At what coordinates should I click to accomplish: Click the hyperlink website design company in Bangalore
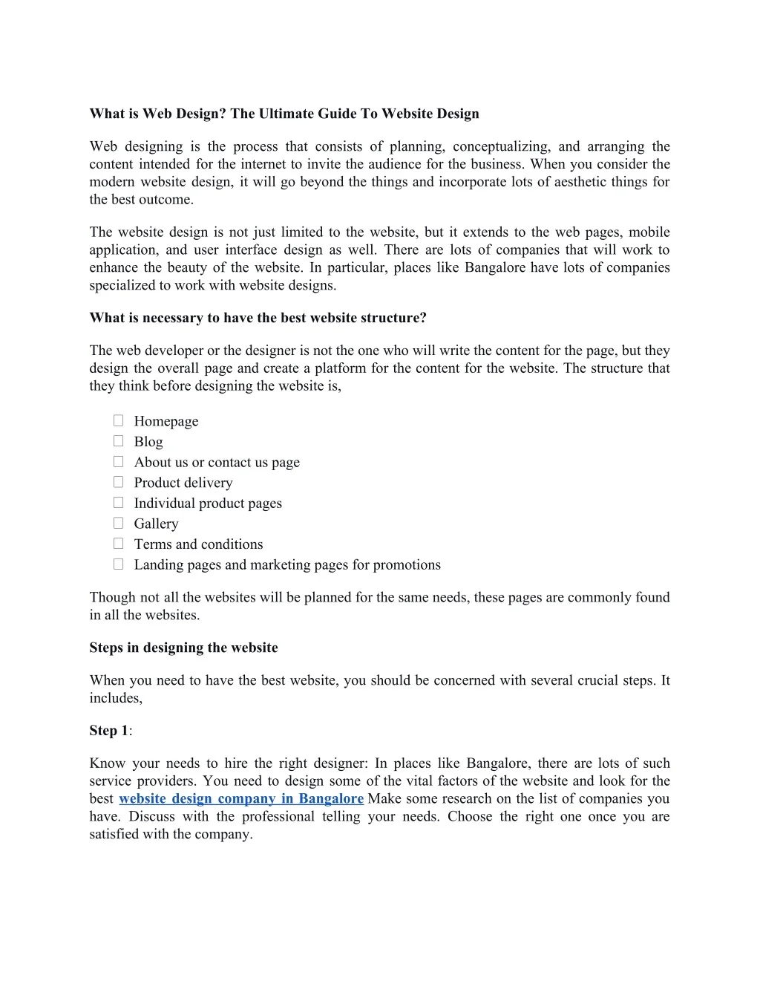pos(241,799)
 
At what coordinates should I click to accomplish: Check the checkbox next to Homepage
pos(118,420)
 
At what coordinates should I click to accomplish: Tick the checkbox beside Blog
pos(118,441)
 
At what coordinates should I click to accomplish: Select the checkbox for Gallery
pos(118,523)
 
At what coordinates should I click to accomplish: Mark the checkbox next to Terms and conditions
pos(118,544)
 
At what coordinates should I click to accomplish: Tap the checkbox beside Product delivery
pos(118,482)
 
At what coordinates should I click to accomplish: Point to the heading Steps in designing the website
pos(183,648)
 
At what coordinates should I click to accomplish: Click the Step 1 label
pos(108,731)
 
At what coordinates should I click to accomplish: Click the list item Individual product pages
pos(208,504)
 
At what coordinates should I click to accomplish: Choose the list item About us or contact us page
pos(217,463)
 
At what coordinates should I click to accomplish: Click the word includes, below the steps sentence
pos(116,698)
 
